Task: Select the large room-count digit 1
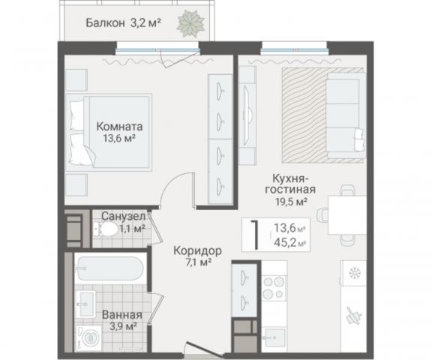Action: coord(256,233)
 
